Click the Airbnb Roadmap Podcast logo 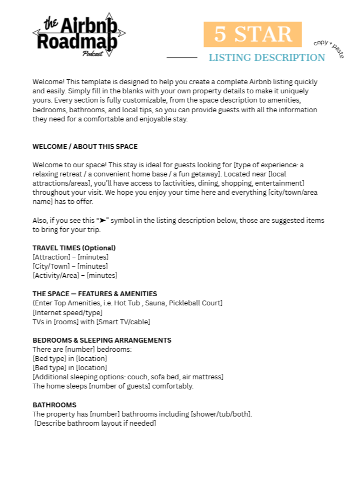tap(79, 35)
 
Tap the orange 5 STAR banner tap(253, 35)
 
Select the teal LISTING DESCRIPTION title tap(267, 58)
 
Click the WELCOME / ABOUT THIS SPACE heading tap(85, 146)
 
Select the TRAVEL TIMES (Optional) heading tap(74, 248)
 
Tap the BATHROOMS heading tap(55, 405)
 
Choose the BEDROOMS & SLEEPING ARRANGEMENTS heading tap(101, 340)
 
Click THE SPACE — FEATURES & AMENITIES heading tap(94, 294)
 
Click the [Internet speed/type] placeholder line tap(67, 312)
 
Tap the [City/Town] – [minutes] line tap(70, 267)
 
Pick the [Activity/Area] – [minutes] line tap(75, 276)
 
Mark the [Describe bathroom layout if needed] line tap(95, 424)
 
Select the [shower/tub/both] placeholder tap(220, 414)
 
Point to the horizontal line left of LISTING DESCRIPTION tap(182, 57)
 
